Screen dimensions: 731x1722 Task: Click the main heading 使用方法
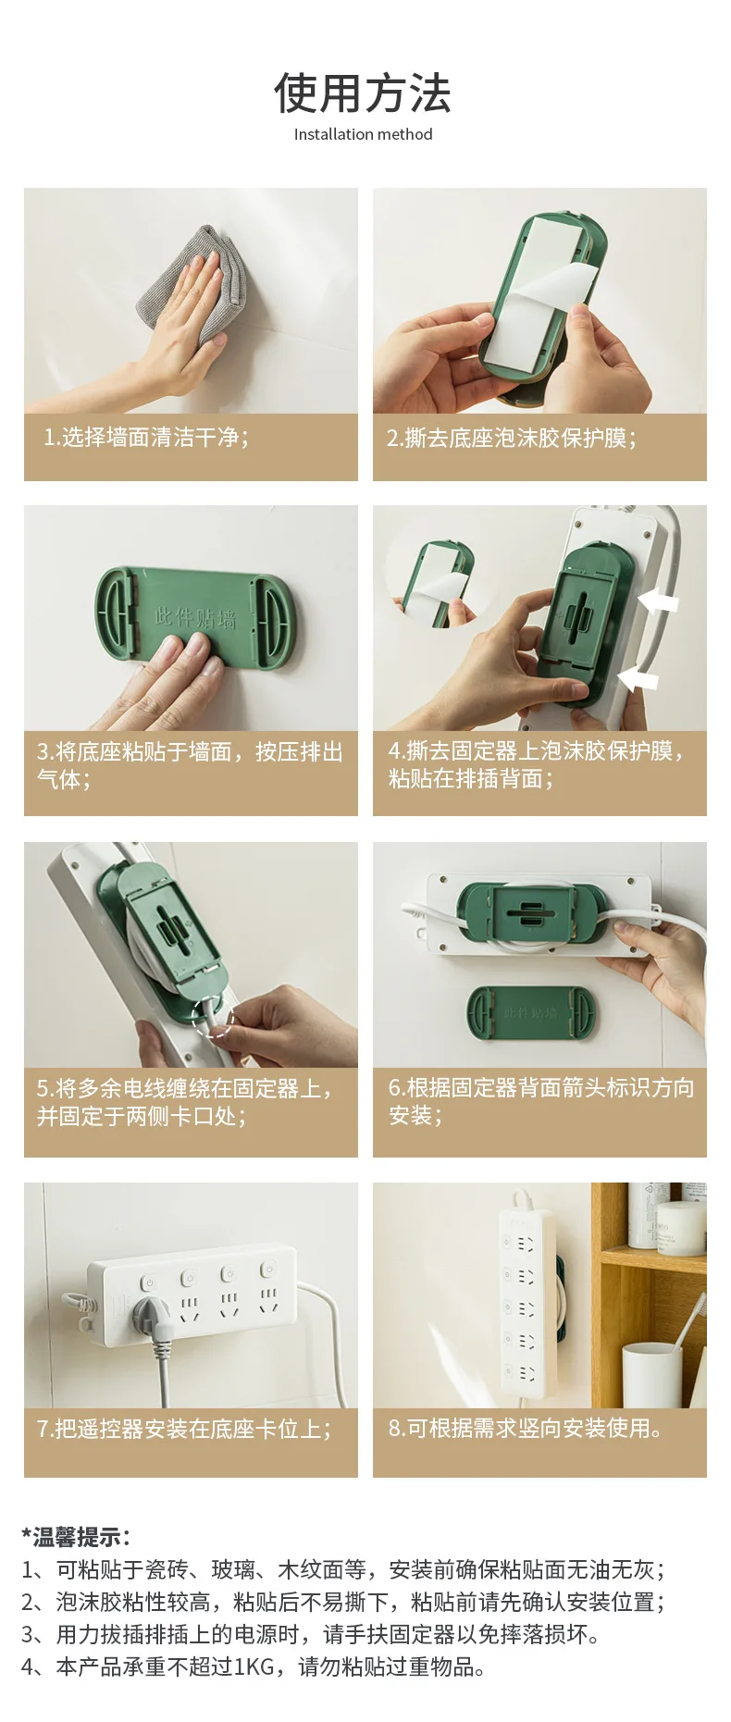(x=363, y=93)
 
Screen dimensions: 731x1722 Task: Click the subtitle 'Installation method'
(x=363, y=134)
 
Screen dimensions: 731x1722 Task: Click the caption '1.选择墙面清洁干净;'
(x=146, y=437)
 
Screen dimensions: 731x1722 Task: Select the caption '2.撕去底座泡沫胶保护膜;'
(x=512, y=438)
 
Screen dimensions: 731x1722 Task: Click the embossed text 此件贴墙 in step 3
(x=195, y=617)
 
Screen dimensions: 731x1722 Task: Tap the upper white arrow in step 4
(x=658, y=602)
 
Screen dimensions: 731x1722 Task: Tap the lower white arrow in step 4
(x=638, y=679)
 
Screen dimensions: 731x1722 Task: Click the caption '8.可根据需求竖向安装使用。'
(x=526, y=1428)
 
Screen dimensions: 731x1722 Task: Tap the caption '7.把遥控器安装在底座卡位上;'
(x=184, y=1429)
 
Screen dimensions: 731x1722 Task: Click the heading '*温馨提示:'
(x=76, y=1537)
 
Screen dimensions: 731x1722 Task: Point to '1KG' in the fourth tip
(x=254, y=1666)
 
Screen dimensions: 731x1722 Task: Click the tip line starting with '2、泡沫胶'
(x=343, y=1602)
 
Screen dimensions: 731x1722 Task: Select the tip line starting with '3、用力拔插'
(x=310, y=1634)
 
